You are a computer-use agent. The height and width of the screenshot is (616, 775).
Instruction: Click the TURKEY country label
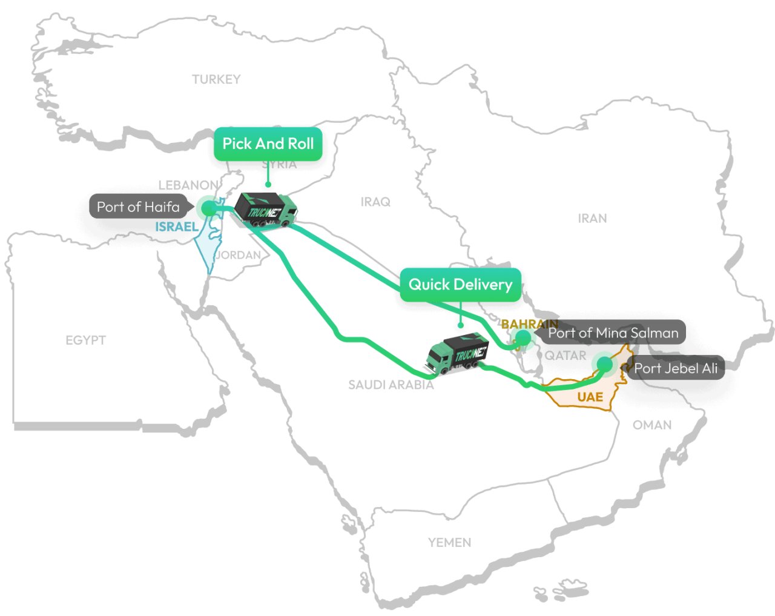[216, 79]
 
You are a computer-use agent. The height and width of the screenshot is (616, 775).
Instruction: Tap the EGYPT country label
[85, 340]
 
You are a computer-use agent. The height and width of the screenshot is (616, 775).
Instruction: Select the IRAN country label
[592, 218]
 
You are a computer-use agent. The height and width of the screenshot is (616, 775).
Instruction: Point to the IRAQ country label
[375, 202]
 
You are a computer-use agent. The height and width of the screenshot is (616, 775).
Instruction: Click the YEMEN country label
[449, 543]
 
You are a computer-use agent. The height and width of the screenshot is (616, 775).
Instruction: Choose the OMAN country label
[652, 425]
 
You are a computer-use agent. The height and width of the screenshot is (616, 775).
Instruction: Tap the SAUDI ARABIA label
[391, 385]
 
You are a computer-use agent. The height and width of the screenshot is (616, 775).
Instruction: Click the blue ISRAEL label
[177, 227]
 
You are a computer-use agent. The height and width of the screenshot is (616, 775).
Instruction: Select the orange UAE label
[590, 397]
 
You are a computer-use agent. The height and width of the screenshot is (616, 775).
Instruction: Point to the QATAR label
[566, 356]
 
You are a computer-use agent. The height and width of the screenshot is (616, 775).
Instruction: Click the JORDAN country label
[239, 255]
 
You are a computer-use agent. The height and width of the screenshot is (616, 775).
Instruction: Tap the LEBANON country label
[188, 185]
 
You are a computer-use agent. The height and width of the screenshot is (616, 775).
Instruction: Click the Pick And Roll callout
[268, 144]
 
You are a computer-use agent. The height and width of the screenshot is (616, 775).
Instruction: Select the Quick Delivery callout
[460, 285]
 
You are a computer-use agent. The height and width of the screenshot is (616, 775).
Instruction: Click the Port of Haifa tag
[138, 207]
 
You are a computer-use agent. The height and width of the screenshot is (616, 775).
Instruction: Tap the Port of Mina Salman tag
[613, 333]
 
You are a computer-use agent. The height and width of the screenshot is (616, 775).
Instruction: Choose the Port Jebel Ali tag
[676, 368]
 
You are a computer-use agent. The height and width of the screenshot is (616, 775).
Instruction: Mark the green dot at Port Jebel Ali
[604, 364]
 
